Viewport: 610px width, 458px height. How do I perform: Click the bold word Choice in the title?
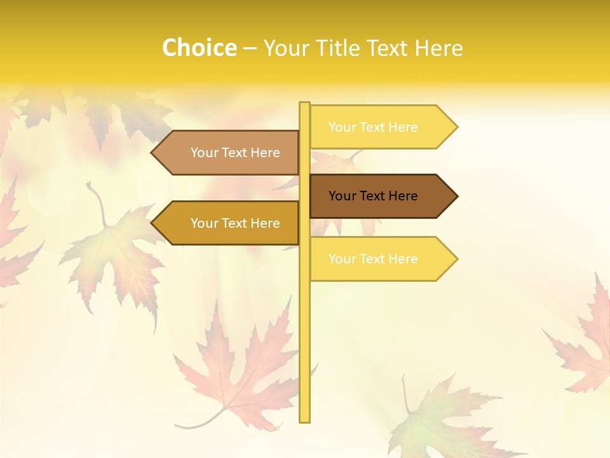tap(199, 48)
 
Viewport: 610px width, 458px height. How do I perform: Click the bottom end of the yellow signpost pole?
tap(305, 419)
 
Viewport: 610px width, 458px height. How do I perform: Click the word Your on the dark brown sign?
tap(342, 196)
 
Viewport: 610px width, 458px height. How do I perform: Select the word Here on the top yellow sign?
tap(403, 127)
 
